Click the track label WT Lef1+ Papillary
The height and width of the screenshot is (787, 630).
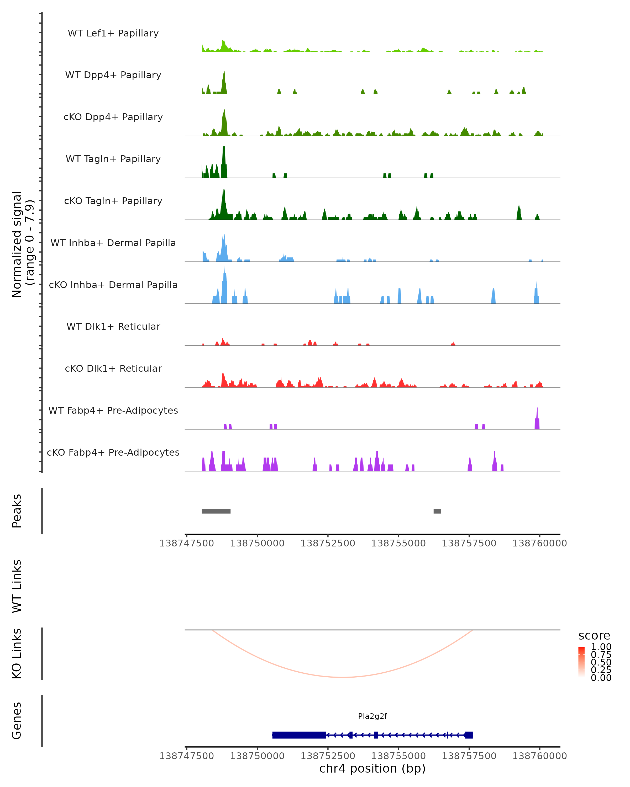pos(113,33)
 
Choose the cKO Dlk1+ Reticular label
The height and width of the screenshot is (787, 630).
pos(113,368)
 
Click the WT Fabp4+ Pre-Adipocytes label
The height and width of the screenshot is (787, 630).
pos(113,410)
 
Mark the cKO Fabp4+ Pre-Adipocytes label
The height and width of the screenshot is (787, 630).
pos(113,452)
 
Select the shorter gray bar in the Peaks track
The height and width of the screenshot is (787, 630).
pos(437,511)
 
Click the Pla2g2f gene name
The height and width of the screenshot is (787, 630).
pos(372,716)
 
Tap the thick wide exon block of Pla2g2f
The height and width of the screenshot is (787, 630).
pos(299,735)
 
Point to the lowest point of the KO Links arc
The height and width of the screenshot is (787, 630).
pos(342,677)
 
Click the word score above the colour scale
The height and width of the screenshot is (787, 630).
pos(594,636)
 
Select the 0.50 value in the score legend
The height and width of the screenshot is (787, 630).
pos(601,662)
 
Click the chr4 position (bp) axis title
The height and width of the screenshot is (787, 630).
pos(372,768)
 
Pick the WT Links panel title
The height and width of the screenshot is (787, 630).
pos(17,586)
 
